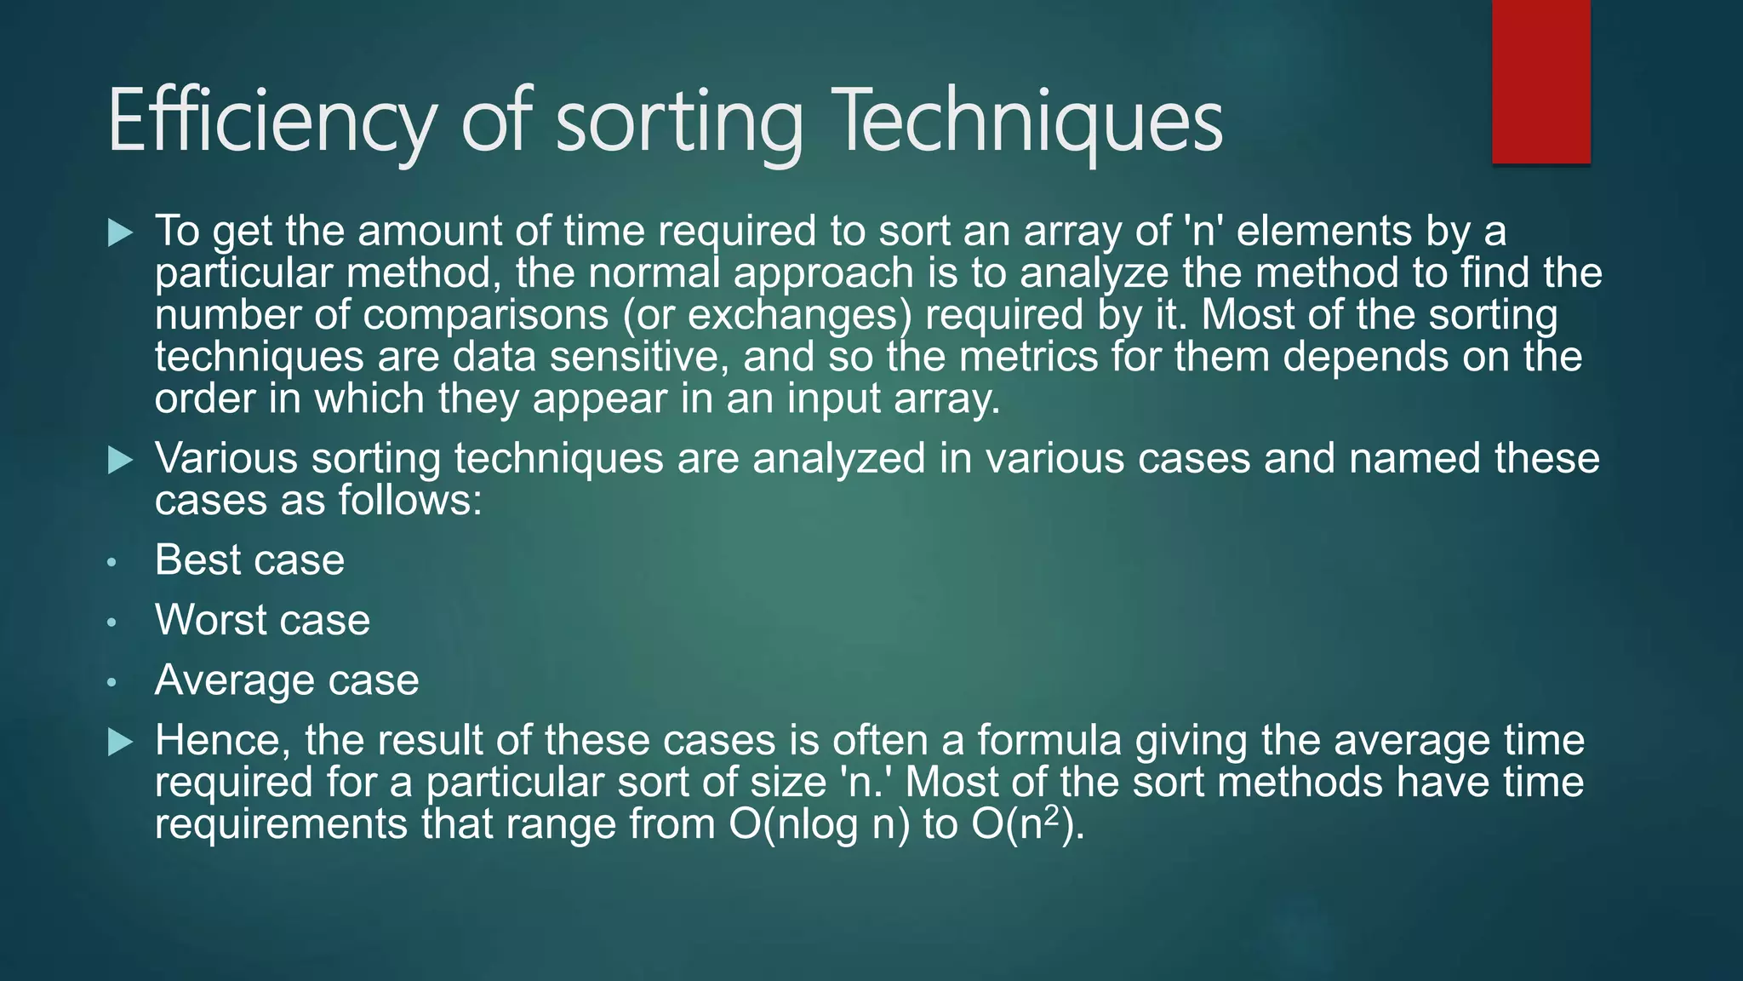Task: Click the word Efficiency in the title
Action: click(x=271, y=121)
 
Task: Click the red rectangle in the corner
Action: click(x=1540, y=82)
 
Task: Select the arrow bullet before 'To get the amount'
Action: click(x=121, y=232)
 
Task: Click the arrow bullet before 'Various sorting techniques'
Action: click(x=121, y=461)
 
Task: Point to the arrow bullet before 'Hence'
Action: click(x=121, y=742)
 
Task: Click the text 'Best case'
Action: click(x=249, y=560)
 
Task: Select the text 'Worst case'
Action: click(x=262, y=620)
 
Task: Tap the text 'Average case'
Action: click(x=287, y=680)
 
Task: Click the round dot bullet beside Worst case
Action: click(x=111, y=622)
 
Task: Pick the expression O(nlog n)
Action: click(x=819, y=824)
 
